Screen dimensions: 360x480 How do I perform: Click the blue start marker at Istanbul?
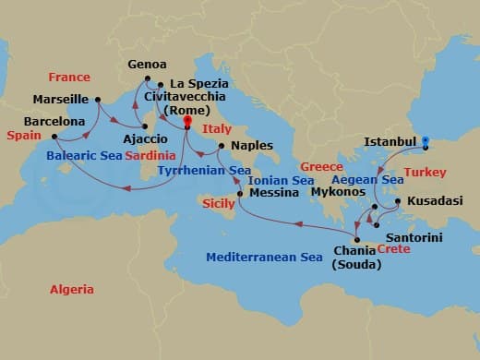426,142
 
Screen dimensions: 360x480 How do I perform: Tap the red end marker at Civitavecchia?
186,122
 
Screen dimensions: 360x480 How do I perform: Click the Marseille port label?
60,99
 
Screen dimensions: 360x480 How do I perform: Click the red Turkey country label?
426,173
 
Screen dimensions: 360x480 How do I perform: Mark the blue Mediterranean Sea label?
264,258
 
